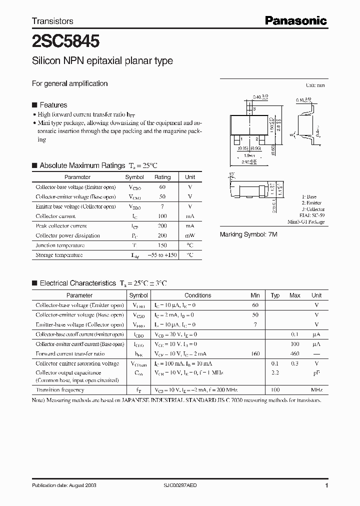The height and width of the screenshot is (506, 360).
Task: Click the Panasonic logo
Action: coord(295,20)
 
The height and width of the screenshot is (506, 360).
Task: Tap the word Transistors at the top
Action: coord(52,21)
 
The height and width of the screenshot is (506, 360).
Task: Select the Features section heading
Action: coord(53,105)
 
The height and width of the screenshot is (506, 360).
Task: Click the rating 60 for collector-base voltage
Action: coord(162,187)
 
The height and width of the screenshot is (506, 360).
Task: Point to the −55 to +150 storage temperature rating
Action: coord(162,255)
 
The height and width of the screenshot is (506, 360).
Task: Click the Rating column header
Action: coord(162,177)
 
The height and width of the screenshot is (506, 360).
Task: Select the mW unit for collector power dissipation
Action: coord(190,235)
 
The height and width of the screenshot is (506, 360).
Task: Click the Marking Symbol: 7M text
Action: coord(248,234)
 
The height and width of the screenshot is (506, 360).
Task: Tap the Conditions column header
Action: coord(197,295)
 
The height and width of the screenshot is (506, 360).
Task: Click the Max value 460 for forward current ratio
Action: coord(294,354)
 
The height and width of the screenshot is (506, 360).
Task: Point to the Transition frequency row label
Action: coord(59,390)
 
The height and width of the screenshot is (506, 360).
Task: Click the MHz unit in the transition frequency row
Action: coord(316,390)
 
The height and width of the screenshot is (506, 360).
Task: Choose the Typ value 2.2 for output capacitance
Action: coord(275,373)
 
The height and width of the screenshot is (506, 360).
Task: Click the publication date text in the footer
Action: coord(64,485)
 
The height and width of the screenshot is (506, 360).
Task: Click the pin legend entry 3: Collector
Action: coord(313,209)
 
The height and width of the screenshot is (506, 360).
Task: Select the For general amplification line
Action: coord(70,83)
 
